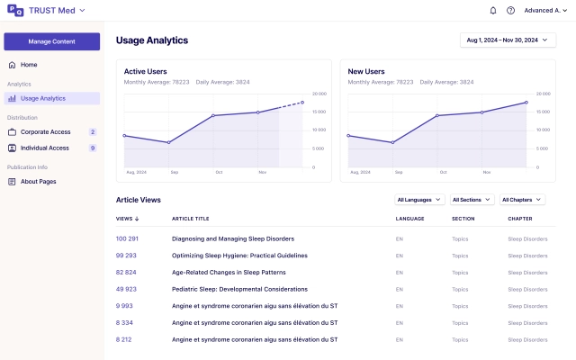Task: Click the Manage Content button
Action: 51,41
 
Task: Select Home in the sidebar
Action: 29,65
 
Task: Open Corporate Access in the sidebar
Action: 44,132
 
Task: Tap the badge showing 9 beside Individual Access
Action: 93,148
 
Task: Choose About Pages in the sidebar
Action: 38,182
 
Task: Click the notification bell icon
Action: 492,11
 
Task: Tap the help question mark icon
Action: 510,11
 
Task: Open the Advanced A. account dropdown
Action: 544,11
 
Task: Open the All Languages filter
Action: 419,200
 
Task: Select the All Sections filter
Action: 472,200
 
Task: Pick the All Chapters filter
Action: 522,200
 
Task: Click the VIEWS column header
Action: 127,219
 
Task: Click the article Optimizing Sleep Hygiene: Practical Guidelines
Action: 239,256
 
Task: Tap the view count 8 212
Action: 124,339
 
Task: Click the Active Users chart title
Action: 145,71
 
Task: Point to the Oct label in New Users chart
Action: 442,172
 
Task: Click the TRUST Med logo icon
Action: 14,11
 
